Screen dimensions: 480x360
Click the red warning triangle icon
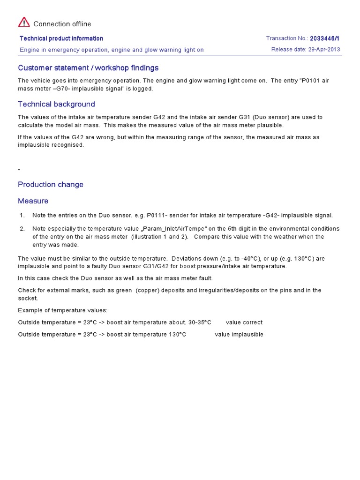coord(24,22)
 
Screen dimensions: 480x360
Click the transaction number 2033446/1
coord(325,38)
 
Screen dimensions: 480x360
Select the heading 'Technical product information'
coord(61,38)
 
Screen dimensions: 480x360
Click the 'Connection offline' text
coord(62,24)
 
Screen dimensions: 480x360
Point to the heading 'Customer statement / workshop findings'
coord(88,68)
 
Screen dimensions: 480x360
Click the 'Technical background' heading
coord(56,104)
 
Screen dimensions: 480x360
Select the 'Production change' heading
coord(51,184)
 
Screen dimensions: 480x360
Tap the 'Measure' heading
coord(33,201)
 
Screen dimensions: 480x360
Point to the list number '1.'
coord(22,215)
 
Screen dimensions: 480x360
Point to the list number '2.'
coord(22,228)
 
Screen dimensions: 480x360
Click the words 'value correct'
coord(244,322)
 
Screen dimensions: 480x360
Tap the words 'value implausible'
coord(239,334)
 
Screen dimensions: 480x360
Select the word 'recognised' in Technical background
coord(68,145)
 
